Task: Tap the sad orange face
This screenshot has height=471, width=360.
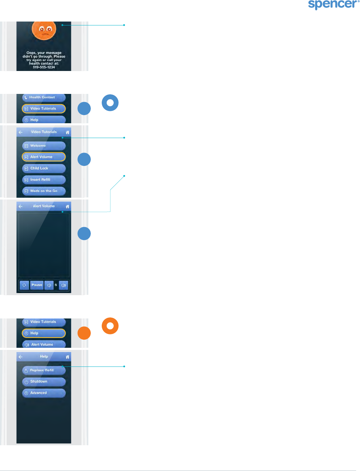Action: (x=44, y=30)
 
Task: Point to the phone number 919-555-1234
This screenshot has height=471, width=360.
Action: (x=44, y=67)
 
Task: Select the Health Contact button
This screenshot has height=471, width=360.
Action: (x=44, y=97)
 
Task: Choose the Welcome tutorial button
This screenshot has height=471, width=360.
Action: (x=44, y=146)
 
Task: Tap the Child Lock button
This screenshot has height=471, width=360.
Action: (x=44, y=168)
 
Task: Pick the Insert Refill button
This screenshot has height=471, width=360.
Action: (x=44, y=180)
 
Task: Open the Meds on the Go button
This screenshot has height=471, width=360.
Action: (x=44, y=191)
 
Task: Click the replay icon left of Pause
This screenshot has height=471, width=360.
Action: (x=24, y=285)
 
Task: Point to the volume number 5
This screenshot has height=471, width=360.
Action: (x=56, y=285)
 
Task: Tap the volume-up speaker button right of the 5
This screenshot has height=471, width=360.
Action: (x=64, y=285)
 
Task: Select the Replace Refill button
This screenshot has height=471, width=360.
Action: (x=44, y=370)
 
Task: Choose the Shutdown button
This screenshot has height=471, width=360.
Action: (x=44, y=382)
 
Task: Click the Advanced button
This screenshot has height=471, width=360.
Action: (x=44, y=393)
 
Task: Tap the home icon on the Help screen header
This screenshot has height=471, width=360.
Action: (x=67, y=357)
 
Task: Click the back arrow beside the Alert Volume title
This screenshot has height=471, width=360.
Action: (x=20, y=206)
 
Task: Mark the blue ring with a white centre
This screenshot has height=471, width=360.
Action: (x=110, y=103)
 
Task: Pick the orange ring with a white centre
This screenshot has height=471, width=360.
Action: (x=110, y=326)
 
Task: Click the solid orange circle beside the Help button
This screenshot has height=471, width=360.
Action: (x=84, y=333)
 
